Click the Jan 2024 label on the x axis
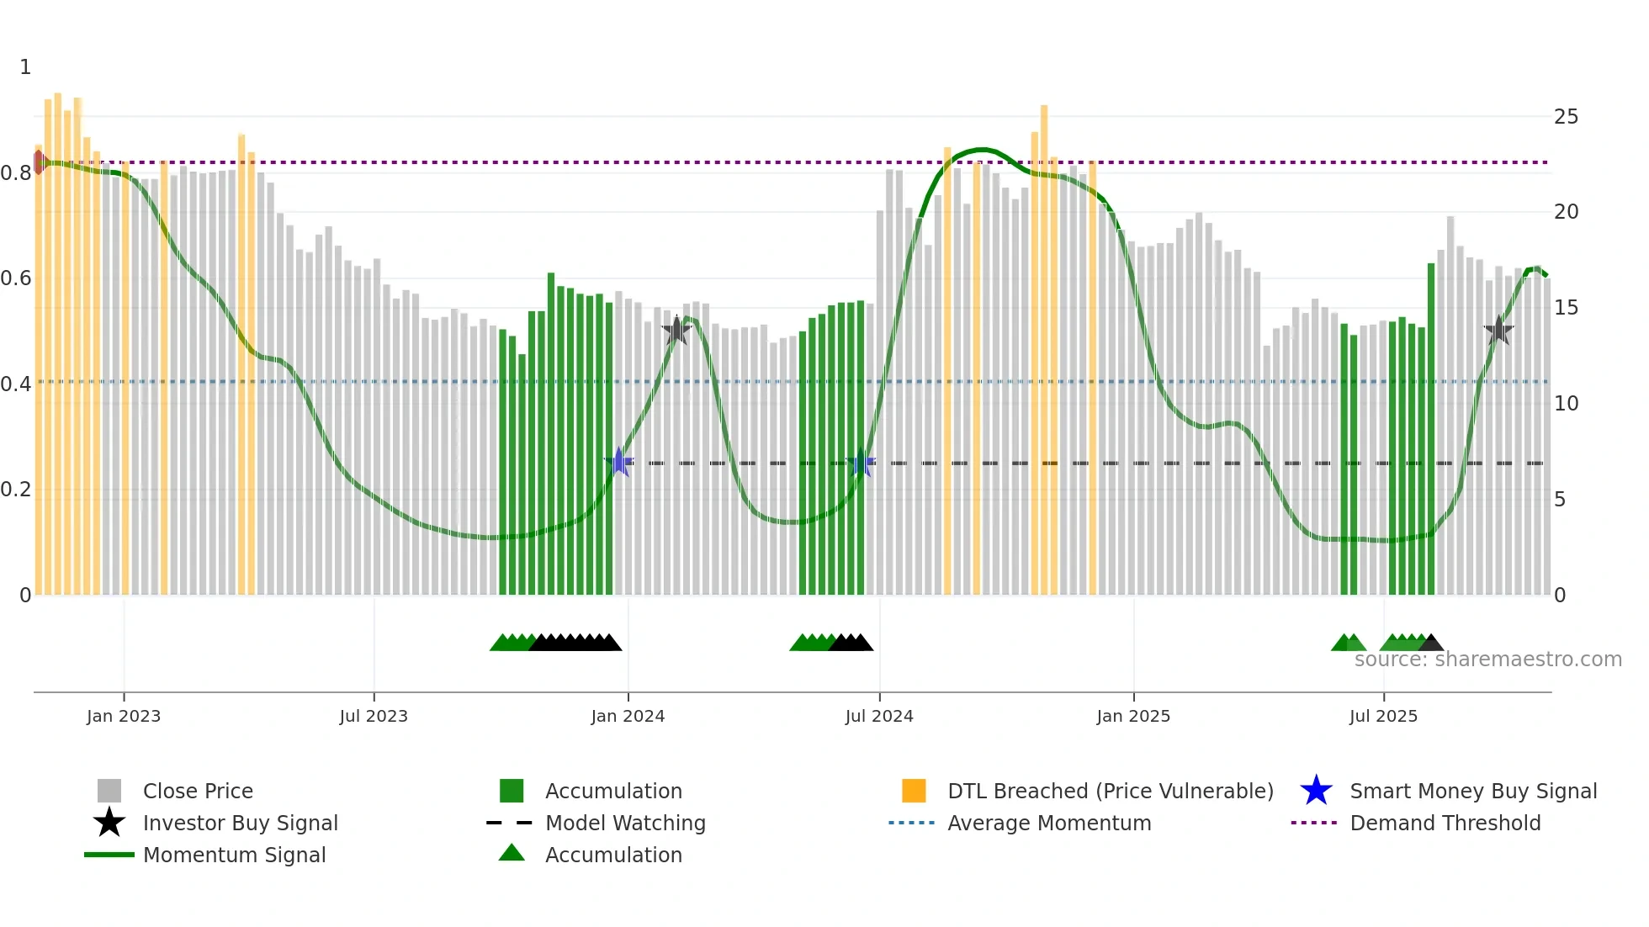coord(628,716)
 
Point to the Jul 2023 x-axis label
coord(374,716)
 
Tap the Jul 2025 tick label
coord(1383,716)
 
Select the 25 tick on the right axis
coord(1566,117)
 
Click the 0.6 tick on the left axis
coord(16,278)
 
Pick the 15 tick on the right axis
coord(1566,308)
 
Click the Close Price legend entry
coord(198,791)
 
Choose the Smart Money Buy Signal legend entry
coord(1472,791)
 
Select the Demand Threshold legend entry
coord(1445,823)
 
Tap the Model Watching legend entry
coord(625,823)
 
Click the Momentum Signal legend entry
coord(234,855)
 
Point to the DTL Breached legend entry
coord(1110,791)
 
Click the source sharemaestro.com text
coord(1487,659)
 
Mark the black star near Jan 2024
coord(676,331)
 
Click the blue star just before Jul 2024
coord(861,463)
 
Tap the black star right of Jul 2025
coord(1498,331)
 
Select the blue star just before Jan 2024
coord(619,462)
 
